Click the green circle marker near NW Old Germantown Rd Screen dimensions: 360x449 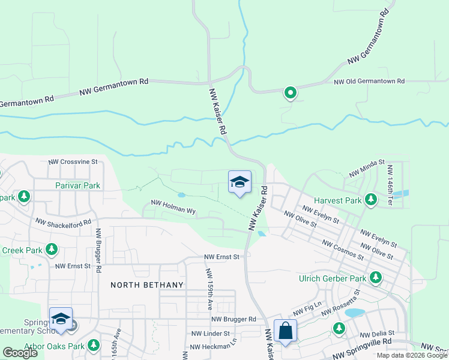[x=290, y=92]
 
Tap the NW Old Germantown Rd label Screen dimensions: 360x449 [x=369, y=82]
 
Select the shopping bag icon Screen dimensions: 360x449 [x=285, y=331]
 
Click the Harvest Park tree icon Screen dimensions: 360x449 [x=371, y=199]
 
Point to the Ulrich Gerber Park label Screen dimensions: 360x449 [x=333, y=278]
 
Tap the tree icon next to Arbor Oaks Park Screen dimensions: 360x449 [x=94, y=346]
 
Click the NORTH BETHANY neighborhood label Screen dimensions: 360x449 [x=142, y=285]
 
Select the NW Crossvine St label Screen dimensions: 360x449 [x=73, y=162]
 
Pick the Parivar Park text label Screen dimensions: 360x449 [x=78, y=185]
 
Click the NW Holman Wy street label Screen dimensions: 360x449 [x=173, y=210]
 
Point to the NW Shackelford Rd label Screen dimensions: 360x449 [x=63, y=222]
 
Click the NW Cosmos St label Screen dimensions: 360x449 [x=343, y=251]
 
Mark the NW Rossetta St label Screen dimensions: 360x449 [x=340, y=304]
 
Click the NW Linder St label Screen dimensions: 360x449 [x=210, y=334]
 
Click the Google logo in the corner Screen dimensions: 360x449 [x=20, y=353]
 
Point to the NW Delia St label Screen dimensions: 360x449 [x=376, y=334]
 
